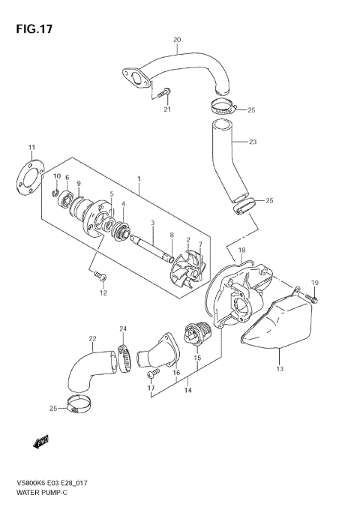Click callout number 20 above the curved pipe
point(177,39)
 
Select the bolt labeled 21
point(165,94)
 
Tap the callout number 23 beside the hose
point(252,141)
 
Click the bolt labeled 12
point(99,277)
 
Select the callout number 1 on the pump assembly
point(139,179)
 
